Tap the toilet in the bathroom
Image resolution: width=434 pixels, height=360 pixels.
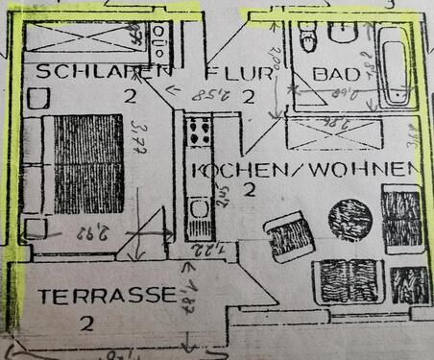pyautogui.click(x=308, y=36)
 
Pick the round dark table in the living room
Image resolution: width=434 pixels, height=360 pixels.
pyautogui.click(x=350, y=218)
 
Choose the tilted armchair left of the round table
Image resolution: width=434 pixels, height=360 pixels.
pyautogui.click(x=288, y=236)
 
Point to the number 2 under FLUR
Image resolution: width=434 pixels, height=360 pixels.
pyautogui.click(x=247, y=95)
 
